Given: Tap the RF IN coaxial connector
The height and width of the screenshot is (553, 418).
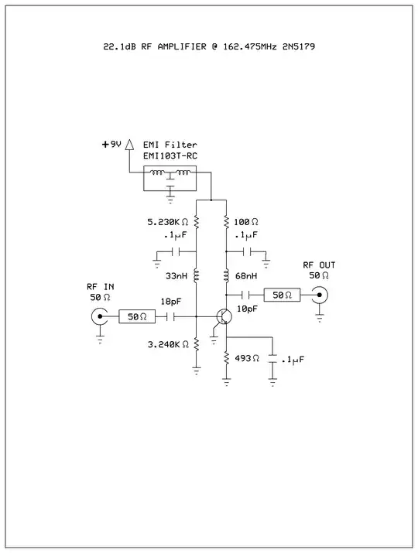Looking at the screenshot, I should (x=100, y=316).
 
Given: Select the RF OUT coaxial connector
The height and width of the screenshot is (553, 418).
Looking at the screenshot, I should (x=318, y=295).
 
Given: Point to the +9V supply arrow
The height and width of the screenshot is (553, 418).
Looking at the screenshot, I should (x=129, y=144).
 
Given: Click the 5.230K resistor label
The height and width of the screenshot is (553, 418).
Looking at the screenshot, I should (x=168, y=222).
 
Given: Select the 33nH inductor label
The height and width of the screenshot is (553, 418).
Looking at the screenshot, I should (x=176, y=275).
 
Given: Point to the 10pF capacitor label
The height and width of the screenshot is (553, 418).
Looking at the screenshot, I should (x=247, y=309).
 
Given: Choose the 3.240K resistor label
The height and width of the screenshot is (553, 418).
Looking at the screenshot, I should (x=168, y=343).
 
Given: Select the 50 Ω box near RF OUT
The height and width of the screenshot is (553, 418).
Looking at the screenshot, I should (x=282, y=295).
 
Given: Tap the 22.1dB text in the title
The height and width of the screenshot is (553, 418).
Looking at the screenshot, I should (x=120, y=46).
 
